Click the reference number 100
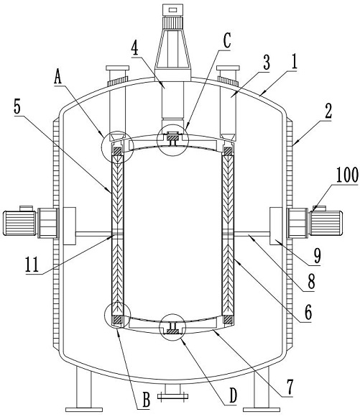click(x=347, y=175)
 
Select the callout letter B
click(x=146, y=400)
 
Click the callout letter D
click(x=233, y=395)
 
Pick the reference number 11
click(x=32, y=265)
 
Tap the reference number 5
click(x=17, y=107)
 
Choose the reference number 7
click(x=290, y=387)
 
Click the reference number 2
click(x=328, y=112)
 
